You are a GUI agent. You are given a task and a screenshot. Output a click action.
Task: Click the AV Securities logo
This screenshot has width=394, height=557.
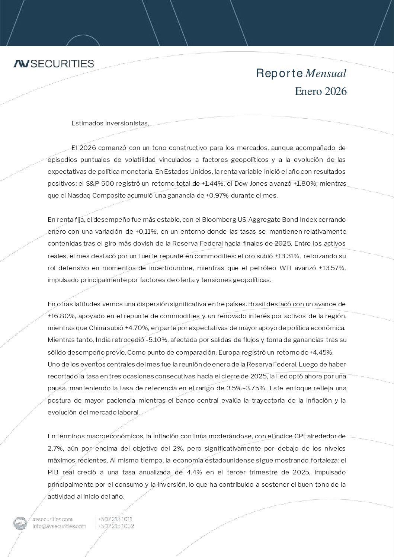54,64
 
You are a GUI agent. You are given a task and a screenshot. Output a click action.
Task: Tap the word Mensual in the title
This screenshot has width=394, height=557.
326,73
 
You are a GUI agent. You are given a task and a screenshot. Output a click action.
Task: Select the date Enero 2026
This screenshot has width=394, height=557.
320,91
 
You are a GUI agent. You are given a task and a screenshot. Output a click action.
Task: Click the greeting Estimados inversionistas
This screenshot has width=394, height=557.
110,123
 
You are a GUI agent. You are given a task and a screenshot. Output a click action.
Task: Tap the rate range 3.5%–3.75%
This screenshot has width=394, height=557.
246,388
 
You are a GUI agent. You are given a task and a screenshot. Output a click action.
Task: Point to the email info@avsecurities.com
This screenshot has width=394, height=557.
59,526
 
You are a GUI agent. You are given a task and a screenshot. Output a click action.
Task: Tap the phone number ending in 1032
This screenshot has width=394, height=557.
116,526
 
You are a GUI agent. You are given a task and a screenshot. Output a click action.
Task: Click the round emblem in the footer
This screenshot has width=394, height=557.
20,523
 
